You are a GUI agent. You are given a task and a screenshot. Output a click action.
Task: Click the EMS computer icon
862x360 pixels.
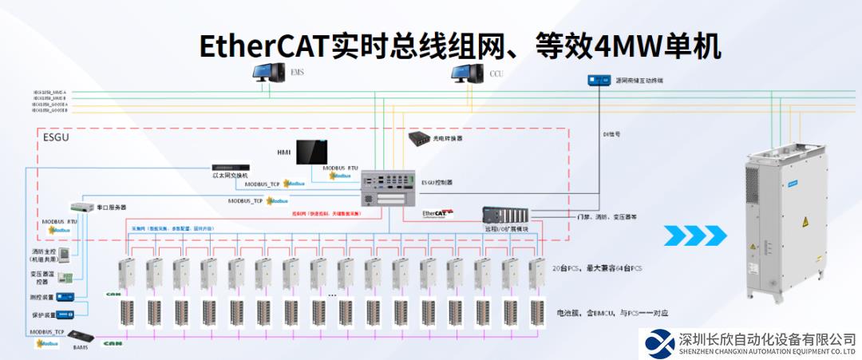click(269, 73)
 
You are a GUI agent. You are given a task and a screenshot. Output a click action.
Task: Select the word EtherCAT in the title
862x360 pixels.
click(264, 46)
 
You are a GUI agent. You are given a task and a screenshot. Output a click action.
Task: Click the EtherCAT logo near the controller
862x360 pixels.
click(438, 214)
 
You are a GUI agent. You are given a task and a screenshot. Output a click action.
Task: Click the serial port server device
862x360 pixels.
click(82, 207)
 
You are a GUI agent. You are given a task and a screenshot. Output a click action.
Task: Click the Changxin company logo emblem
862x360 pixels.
click(659, 343)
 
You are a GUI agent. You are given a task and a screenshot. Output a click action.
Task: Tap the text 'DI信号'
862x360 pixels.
click(611, 134)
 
